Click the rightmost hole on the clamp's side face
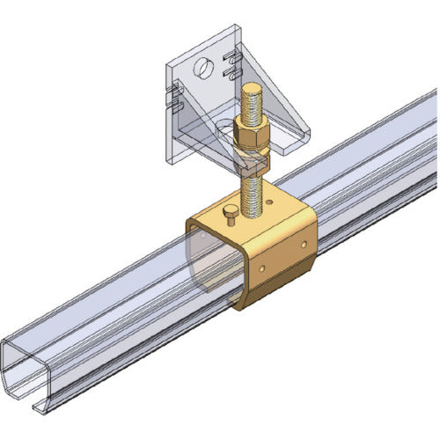coord(304,242)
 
